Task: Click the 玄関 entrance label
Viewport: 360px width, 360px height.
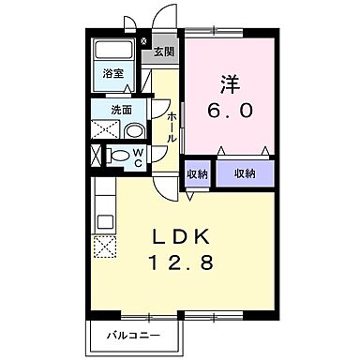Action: pos(163,52)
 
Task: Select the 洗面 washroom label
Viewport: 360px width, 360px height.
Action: pos(122,110)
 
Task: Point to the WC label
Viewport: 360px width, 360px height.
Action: pos(137,155)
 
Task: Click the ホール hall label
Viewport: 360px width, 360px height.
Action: pos(171,127)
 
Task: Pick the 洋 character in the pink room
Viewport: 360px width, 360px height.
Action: pos(230,82)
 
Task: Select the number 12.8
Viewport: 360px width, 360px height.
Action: pos(187,263)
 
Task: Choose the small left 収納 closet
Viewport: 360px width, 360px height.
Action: pos(196,173)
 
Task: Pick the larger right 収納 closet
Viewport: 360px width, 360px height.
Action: pos(246,173)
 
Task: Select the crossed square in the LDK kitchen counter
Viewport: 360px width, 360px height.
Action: pos(103,247)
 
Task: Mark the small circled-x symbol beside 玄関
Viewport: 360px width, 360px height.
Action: pos(142,42)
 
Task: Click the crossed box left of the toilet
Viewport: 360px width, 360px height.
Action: pos(97,155)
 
